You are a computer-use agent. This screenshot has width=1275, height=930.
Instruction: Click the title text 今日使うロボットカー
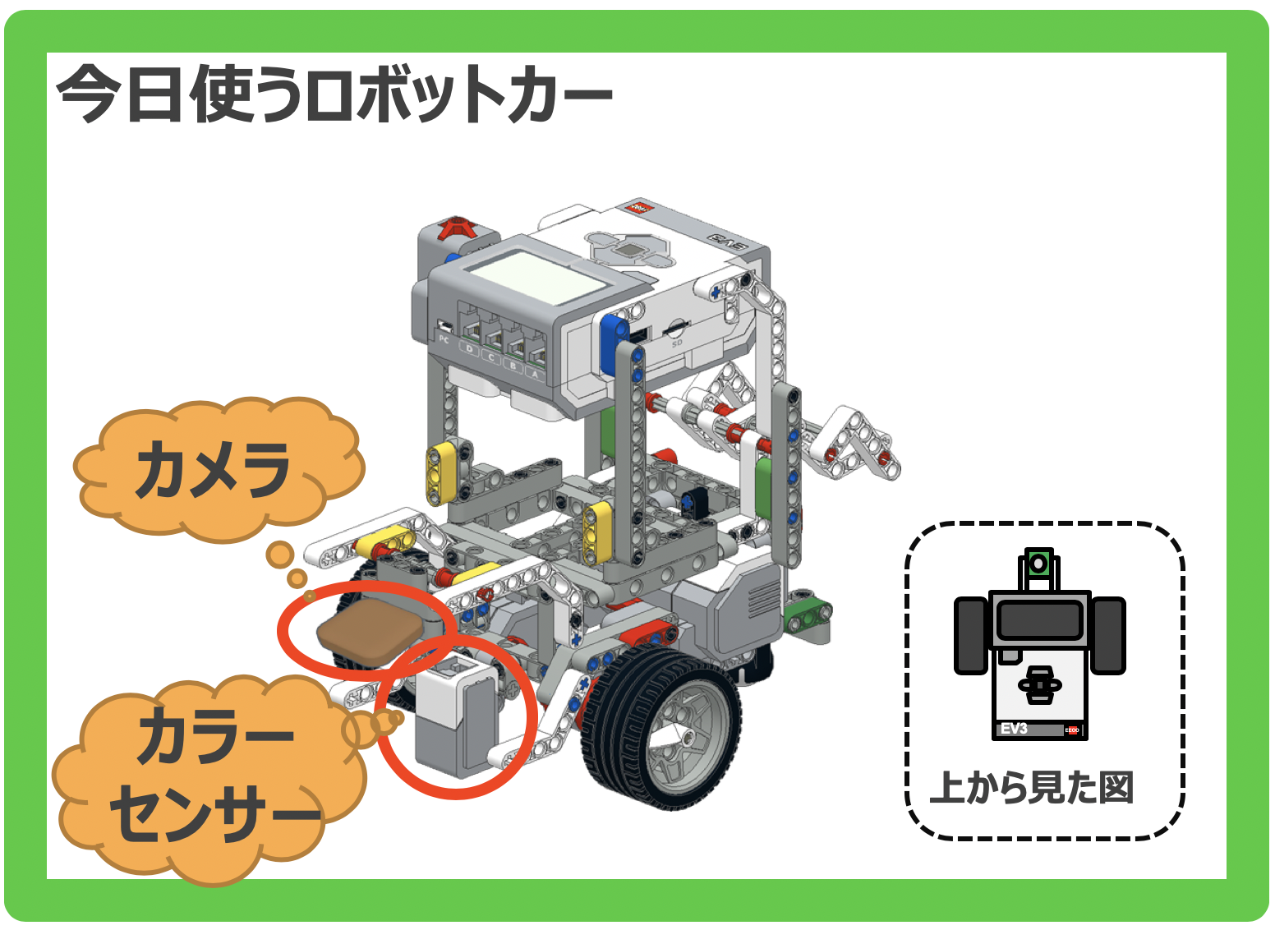(334, 93)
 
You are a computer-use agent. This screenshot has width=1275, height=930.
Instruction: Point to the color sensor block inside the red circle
(456, 717)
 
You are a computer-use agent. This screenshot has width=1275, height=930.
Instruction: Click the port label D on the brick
(469, 348)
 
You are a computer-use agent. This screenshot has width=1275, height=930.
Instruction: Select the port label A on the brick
(535, 374)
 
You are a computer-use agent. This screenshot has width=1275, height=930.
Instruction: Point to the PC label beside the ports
(444, 339)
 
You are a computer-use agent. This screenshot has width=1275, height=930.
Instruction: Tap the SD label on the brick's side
(677, 343)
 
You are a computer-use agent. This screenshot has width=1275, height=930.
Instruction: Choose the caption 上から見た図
(1031, 788)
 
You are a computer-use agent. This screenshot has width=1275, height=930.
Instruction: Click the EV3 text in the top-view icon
(1014, 729)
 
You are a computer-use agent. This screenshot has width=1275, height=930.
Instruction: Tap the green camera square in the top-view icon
(1039, 564)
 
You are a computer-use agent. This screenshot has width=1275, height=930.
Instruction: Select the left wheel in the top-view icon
(971, 635)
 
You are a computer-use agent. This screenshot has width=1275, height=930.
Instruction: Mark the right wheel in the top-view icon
(1108, 635)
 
